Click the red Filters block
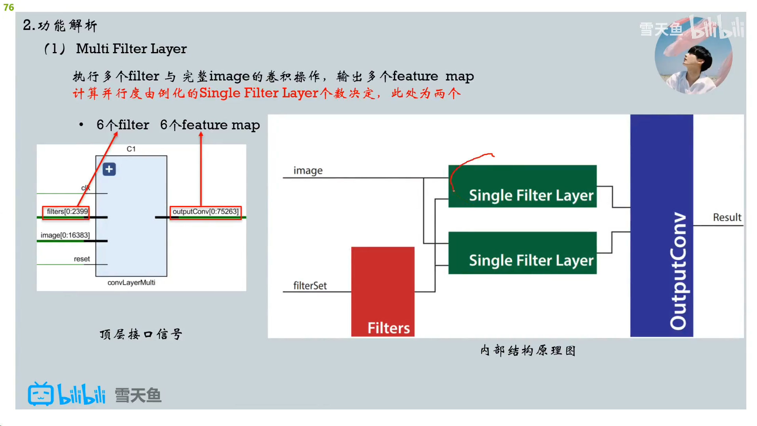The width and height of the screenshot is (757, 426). (x=382, y=291)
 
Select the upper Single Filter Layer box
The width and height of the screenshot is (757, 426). (x=522, y=186)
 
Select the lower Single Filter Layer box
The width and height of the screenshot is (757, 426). (x=522, y=253)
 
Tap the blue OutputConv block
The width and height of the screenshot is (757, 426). (x=661, y=225)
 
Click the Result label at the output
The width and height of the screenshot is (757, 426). (x=727, y=217)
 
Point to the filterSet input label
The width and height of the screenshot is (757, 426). (x=310, y=286)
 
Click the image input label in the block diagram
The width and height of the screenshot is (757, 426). (x=308, y=170)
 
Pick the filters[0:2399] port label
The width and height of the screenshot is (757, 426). (x=67, y=212)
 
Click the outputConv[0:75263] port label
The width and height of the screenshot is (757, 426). (x=205, y=212)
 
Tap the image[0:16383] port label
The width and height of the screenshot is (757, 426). (x=65, y=235)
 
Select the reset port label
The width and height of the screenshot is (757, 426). (x=82, y=259)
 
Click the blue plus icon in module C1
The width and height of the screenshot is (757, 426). (x=109, y=170)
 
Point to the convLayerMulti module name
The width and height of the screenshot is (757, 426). (x=131, y=282)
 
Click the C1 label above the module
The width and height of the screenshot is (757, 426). (x=131, y=149)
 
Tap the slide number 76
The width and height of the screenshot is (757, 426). (x=9, y=7)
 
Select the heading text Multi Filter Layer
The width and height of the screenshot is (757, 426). (x=131, y=49)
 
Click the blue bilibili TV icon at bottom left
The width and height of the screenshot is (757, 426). (x=41, y=394)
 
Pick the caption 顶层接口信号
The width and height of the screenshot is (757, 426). (x=141, y=334)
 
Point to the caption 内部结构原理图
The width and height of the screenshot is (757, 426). (x=528, y=350)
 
